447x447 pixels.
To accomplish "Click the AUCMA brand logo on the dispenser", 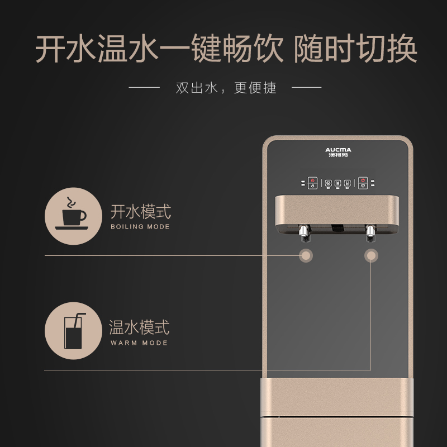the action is pos(338,152).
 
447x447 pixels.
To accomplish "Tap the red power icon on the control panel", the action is pos(312,180).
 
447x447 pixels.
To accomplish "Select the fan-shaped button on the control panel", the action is pos(328,183).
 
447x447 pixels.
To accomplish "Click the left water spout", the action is pos(304,234).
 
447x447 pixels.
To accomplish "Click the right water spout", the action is pos(371,234).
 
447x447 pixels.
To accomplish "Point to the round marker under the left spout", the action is pos(306,255).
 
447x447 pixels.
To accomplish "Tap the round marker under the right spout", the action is pos(371,255).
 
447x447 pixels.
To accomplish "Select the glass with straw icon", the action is pos(74,331).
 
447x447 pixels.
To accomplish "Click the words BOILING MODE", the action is pos(140,227).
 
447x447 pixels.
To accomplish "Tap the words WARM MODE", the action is pos(139,343).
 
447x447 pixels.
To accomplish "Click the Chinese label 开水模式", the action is pos(141,212).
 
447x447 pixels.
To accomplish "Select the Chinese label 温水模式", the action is pos(139,327).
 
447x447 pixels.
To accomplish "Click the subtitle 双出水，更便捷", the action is pos(226,88).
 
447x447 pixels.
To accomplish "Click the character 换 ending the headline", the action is pos(402,48).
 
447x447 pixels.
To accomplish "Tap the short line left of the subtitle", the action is pos(144,87).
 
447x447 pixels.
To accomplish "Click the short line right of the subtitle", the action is pos(306,87).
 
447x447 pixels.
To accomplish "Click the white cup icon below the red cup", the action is pos(363,186).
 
